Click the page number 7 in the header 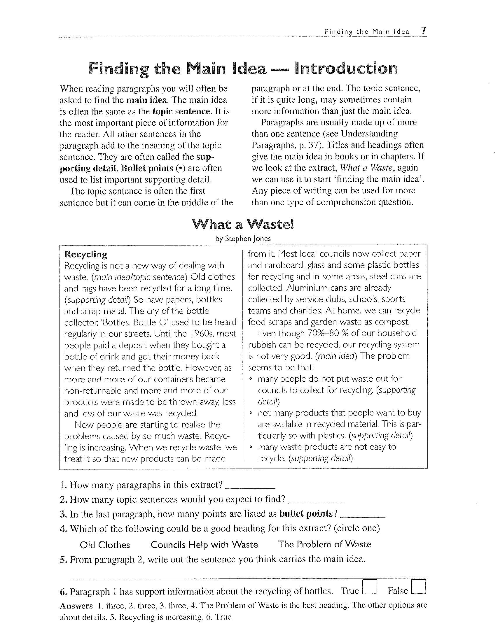pyautogui.click(x=424, y=31)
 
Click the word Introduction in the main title pyautogui.click(x=346, y=69)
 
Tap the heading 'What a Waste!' pyautogui.click(x=243, y=225)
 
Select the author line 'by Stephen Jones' pyautogui.click(x=243, y=239)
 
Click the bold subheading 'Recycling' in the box pyautogui.click(x=86, y=254)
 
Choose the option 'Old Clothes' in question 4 pyautogui.click(x=105, y=545)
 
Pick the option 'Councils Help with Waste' pyautogui.click(x=204, y=544)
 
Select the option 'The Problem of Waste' pyautogui.click(x=325, y=544)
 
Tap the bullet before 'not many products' pyautogui.click(x=251, y=413)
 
